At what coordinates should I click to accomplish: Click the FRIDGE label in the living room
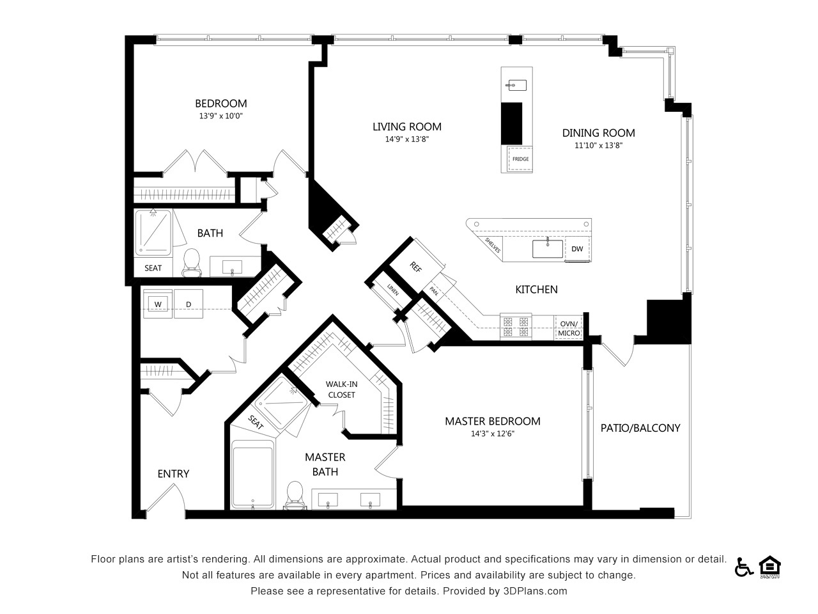(520, 159)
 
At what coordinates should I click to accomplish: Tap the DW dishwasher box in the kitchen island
(577, 249)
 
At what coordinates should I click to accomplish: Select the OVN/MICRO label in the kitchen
(569, 329)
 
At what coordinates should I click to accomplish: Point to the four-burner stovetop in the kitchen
(516, 327)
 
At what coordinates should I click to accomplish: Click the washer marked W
(158, 304)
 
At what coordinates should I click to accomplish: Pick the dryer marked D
(189, 304)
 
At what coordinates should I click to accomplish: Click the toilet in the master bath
(295, 496)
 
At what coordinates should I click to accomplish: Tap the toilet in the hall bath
(192, 263)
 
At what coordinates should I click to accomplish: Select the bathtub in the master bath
(252, 475)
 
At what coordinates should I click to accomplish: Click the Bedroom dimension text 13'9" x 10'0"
(220, 116)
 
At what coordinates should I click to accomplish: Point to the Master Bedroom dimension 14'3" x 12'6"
(493, 434)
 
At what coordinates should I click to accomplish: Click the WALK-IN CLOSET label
(341, 390)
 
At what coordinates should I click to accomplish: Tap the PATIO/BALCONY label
(640, 428)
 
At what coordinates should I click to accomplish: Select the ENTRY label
(173, 474)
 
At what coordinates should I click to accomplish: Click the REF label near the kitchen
(415, 267)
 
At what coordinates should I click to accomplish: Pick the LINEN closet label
(393, 290)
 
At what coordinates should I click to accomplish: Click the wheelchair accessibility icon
(744, 567)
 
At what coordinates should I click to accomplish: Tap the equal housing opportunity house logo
(769, 567)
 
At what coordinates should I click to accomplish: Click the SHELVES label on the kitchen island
(492, 245)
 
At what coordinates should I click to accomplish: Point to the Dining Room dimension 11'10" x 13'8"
(599, 145)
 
